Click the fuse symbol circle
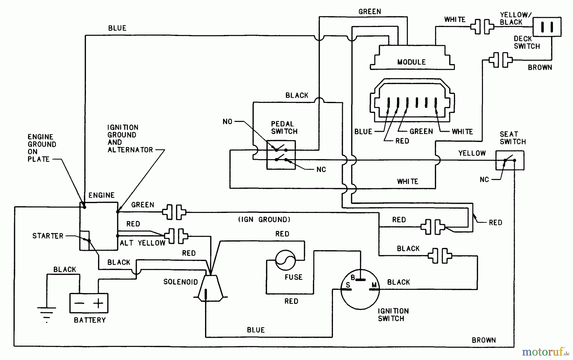(x=285, y=260)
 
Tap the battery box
(x=89, y=303)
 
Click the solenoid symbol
(x=210, y=288)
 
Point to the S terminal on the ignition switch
(x=348, y=286)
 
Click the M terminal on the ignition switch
(x=374, y=286)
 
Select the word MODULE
(x=411, y=62)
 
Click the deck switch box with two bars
(x=547, y=27)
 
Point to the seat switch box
(x=510, y=161)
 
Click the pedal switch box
(x=281, y=155)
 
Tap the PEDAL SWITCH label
(x=284, y=128)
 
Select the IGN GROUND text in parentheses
(x=264, y=220)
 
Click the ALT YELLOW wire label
(x=142, y=243)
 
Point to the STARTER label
(x=48, y=236)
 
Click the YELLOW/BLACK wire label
(x=515, y=18)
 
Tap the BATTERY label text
(x=90, y=320)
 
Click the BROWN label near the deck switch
(x=540, y=67)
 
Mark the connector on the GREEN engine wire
(x=174, y=212)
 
